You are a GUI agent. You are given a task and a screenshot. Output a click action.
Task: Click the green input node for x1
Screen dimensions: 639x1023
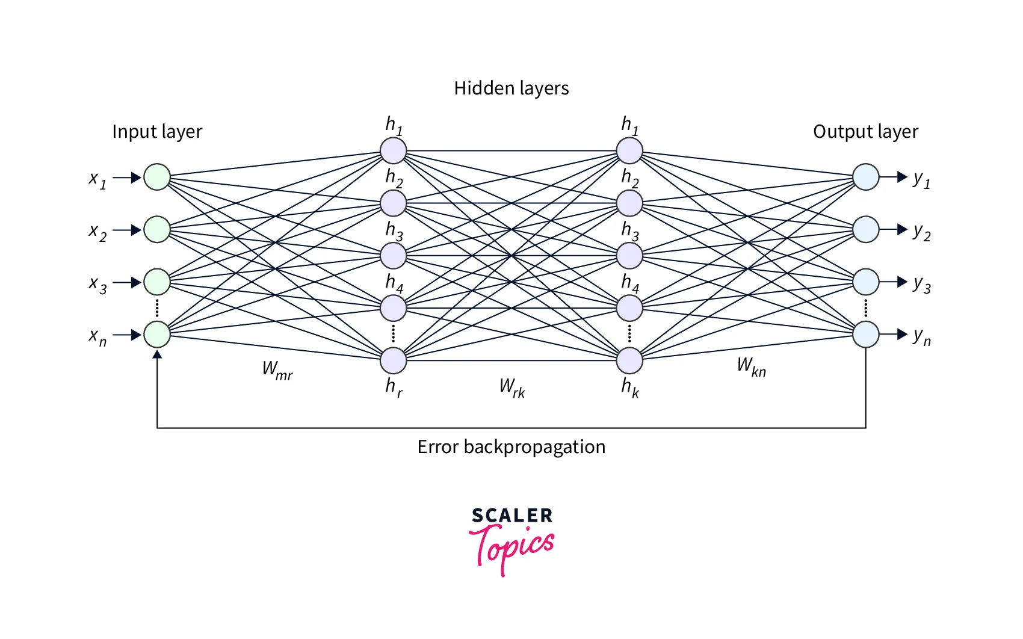click(x=157, y=177)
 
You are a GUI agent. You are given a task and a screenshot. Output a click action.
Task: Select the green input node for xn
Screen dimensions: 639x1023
click(x=157, y=335)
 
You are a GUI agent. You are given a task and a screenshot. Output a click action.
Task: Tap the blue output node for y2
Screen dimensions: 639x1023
click(x=865, y=230)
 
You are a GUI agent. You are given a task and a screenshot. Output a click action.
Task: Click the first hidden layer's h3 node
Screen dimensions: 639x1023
click(x=393, y=256)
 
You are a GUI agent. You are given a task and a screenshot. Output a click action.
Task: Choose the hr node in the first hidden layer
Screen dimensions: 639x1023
click(x=393, y=360)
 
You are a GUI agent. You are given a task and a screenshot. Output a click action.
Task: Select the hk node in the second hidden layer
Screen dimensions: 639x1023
click(x=629, y=360)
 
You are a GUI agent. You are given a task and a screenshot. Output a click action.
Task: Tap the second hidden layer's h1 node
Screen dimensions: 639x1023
click(x=629, y=151)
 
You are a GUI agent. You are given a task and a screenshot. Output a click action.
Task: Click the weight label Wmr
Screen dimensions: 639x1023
click(x=277, y=370)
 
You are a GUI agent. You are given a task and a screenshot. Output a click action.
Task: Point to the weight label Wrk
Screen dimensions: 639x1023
click(x=512, y=387)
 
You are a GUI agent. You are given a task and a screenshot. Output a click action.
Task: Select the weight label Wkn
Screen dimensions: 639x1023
click(x=752, y=366)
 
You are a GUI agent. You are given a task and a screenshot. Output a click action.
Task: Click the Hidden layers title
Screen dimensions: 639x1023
click(x=511, y=88)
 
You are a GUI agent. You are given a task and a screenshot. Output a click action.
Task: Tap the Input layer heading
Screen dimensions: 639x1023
click(x=157, y=132)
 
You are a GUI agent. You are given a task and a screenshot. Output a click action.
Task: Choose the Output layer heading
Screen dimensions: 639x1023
click(x=865, y=132)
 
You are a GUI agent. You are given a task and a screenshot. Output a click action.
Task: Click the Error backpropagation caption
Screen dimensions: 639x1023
click(x=511, y=447)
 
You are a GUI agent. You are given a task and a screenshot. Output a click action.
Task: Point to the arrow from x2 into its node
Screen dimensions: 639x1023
click(x=128, y=230)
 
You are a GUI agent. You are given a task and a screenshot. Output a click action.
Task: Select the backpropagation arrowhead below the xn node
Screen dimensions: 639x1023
click(x=157, y=355)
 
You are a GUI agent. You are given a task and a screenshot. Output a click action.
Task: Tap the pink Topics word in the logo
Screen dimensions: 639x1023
click(x=511, y=546)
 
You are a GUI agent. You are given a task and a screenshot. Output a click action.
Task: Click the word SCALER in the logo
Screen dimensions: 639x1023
click(x=512, y=516)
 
